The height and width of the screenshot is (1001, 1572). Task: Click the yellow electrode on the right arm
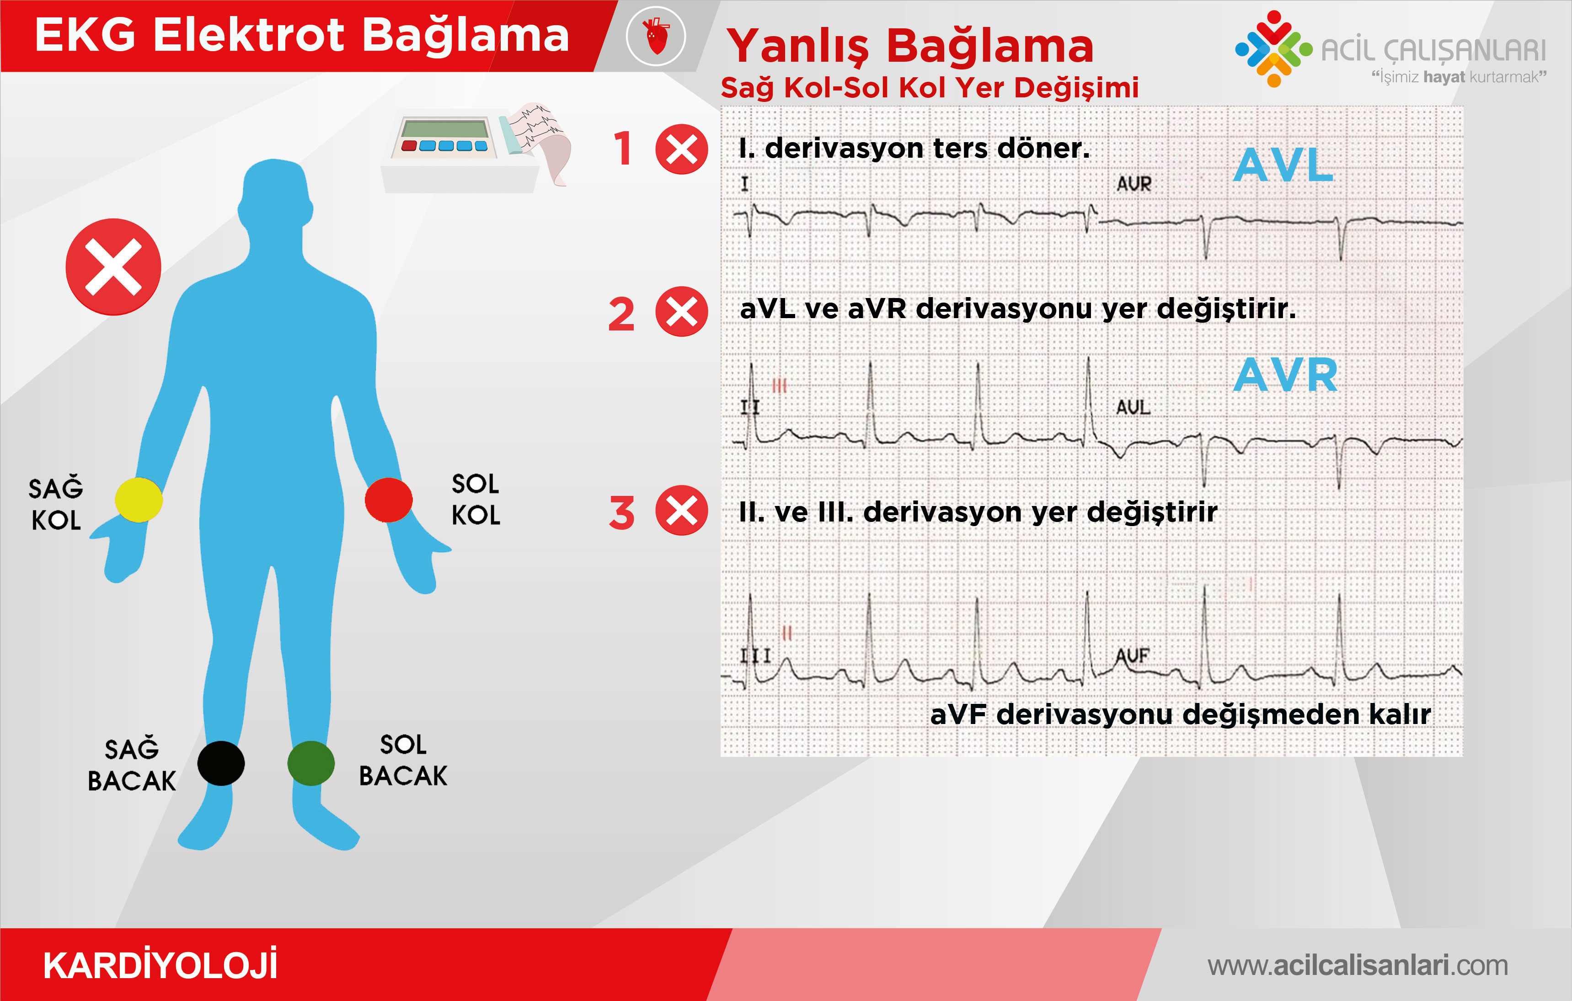click(139, 500)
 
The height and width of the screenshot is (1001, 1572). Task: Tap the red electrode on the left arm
click(389, 500)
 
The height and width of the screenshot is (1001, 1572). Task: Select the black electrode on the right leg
click(221, 763)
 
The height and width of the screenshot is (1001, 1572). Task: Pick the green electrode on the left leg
click(311, 763)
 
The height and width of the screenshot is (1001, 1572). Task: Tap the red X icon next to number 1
click(682, 149)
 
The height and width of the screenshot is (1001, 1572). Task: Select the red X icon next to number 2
click(682, 311)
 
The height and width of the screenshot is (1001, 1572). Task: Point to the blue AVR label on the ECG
click(1285, 375)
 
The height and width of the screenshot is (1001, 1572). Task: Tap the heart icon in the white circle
click(656, 36)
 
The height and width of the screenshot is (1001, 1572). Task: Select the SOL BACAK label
click(403, 760)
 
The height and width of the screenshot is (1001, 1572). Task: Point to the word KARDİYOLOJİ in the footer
click(160, 965)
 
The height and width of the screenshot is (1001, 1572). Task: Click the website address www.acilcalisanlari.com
click(1357, 965)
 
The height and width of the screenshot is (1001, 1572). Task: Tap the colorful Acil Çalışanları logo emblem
click(1274, 48)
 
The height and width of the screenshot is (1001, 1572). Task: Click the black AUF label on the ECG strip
click(1133, 655)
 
